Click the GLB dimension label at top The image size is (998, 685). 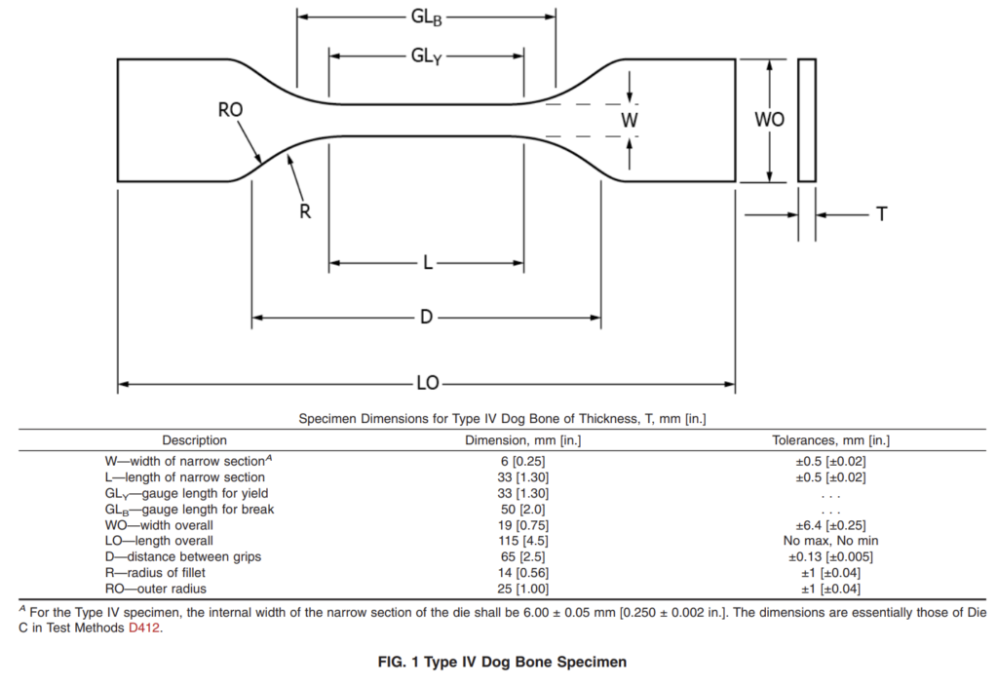pyautogui.click(x=426, y=18)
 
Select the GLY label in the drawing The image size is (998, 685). pyautogui.click(x=426, y=56)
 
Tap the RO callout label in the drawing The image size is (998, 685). pyautogui.click(x=230, y=110)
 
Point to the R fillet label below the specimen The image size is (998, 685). pyautogui.click(x=305, y=211)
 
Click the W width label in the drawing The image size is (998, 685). pyautogui.click(x=629, y=120)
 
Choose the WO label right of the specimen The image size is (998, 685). pyautogui.click(x=770, y=119)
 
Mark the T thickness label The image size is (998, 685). pyautogui.click(x=881, y=214)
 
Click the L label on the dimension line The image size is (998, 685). pyautogui.click(x=428, y=263)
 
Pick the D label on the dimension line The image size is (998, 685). pyautogui.click(x=427, y=317)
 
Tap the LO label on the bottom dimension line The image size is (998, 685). pyautogui.click(x=428, y=383)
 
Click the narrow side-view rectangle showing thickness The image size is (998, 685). pyautogui.click(x=807, y=120)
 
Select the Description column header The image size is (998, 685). pyautogui.click(x=194, y=440)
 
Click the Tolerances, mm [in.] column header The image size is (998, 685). pyautogui.click(x=830, y=440)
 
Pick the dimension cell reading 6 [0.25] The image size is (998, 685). pyautogui.click(x=522, y=462)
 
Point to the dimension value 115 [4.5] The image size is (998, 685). pyautogui.click(x=522, y=541)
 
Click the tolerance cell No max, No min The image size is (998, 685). pyautogui.click(x=830, y=541)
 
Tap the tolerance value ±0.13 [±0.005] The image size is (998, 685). pyautogui.click(x=830, y=557)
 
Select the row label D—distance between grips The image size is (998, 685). pyautogui.click(x=183, y=557)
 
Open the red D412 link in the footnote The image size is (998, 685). pyautogui.click(x=144, y=628)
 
